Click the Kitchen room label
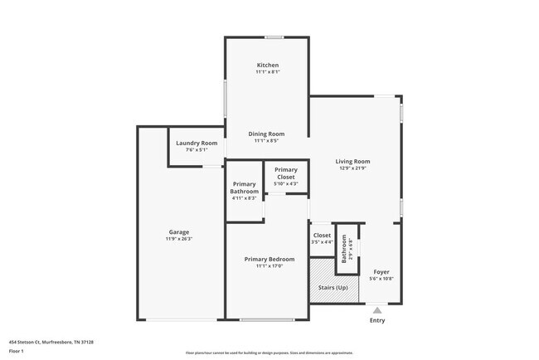(x=267, y=65)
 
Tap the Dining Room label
(x=267, y=134)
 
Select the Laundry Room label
(x=197, y=143)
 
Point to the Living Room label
(x=352, y=162)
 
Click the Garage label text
(x=179, y=231)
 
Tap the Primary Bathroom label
(x=245, y=187)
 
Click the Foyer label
(x=381, y=271)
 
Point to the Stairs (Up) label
(x=333, y=287)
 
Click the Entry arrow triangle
(x=377, y=311)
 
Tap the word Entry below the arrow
(x=377, y=320)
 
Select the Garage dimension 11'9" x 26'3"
(x=179, y=239)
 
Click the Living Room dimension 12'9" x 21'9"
(x=352, y=169)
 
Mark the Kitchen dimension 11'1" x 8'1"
(x=267, y=72)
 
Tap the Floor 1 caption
(x=17, y=351)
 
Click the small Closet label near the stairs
(x=322, y=236)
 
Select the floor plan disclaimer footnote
(x=269, y=353)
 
